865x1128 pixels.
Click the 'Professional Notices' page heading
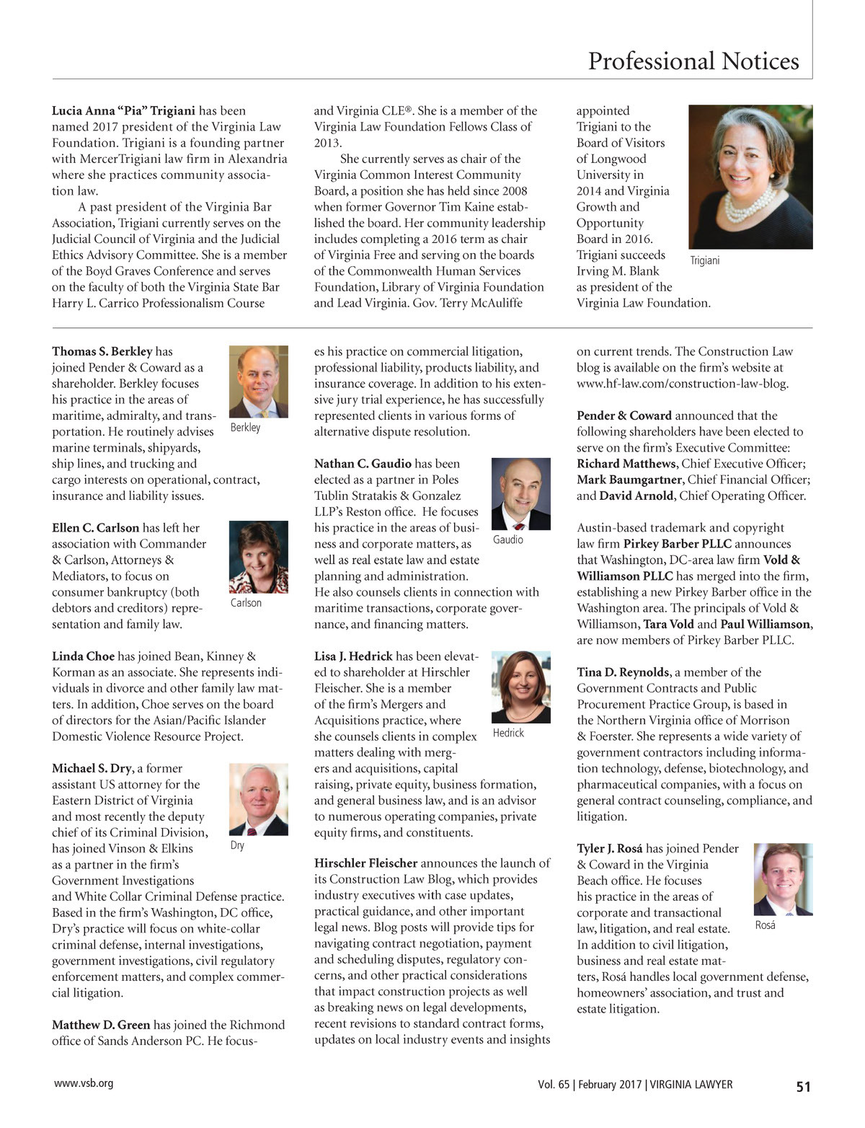coord(693,61)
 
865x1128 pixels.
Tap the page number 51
coord(803,1086)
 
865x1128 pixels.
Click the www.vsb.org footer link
coord(84,1083)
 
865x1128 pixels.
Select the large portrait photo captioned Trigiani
coord(750,177)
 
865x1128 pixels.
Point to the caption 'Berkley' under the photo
coord(245,428)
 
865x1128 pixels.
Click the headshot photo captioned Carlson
coord(258,557)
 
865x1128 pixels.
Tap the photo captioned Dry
coord(258,799)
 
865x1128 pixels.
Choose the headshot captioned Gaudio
coord(520,494)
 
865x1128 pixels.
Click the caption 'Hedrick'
coord(508,733)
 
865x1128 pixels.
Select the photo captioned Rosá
coord(783,879)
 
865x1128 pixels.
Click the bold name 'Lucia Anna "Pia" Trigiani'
coord(123,111)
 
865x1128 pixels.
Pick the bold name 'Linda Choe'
coord(83,656)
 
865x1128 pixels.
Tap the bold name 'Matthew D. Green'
coord(101,1025)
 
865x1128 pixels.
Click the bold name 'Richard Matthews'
coord(626,464)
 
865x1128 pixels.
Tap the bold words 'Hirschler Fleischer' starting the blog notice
coord(365,863)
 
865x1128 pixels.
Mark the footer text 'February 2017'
coord(610,1085)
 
